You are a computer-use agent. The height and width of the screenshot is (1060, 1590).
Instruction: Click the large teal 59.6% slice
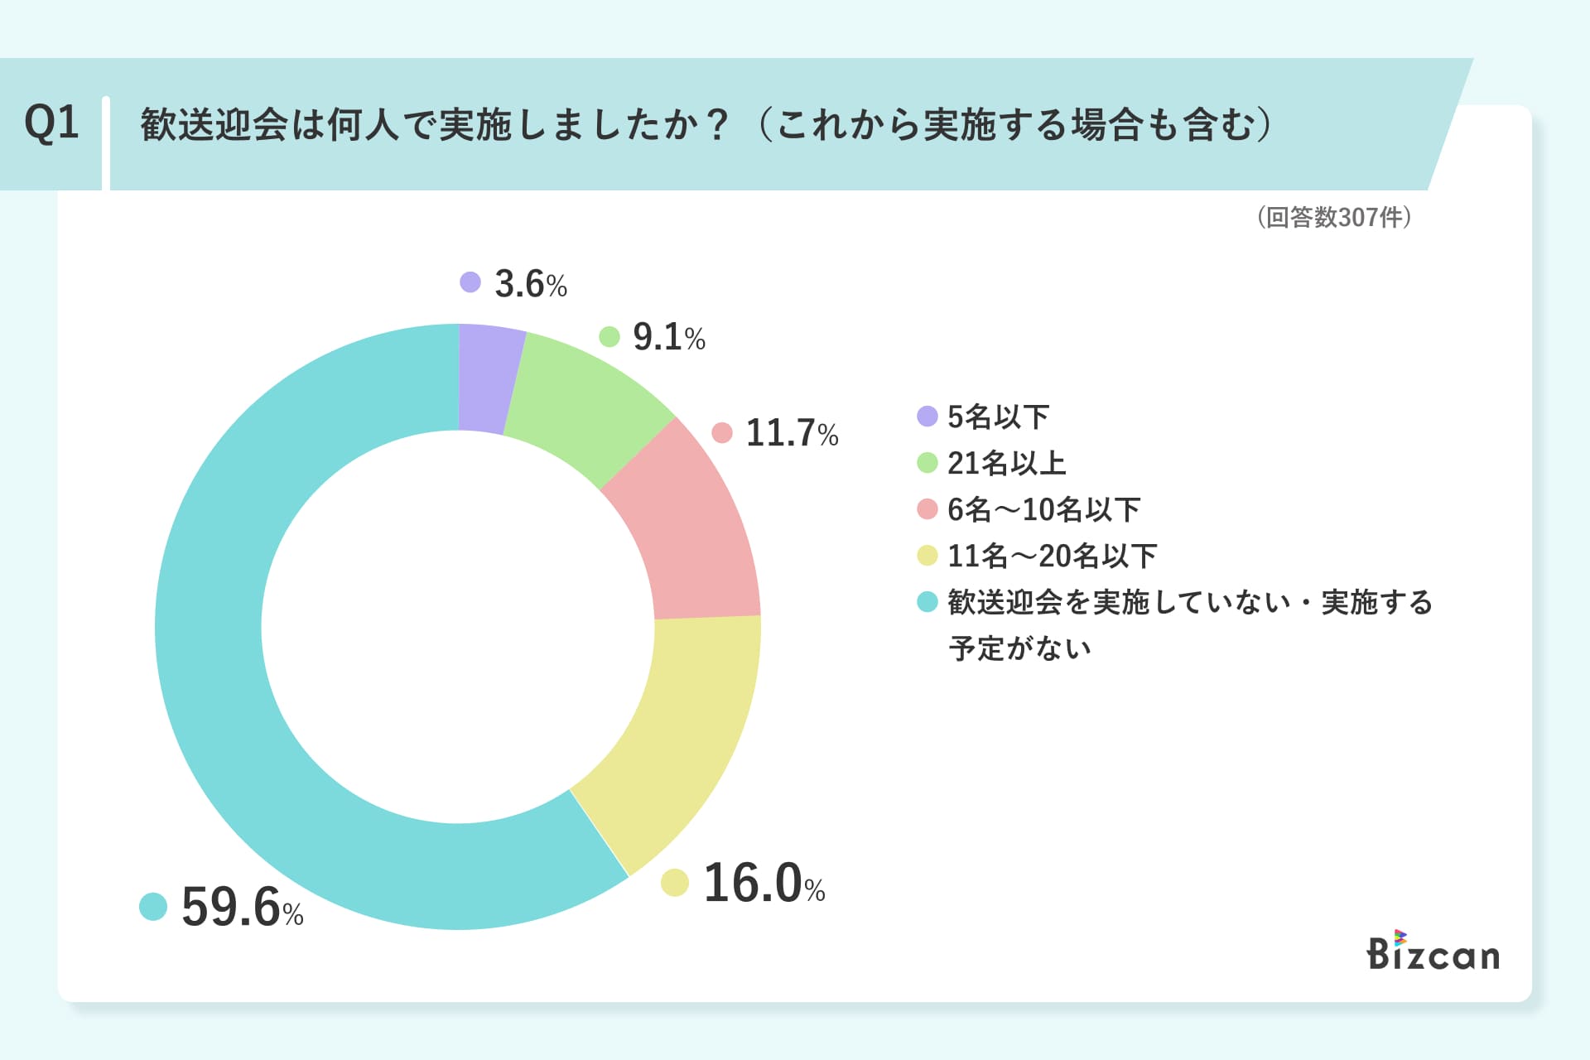248,704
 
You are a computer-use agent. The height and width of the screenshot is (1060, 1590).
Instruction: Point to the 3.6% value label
530,284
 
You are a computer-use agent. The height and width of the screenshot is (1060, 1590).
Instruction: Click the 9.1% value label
668,337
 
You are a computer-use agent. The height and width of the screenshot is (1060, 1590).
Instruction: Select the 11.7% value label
792,433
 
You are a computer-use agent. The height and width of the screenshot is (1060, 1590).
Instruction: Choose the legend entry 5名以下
998,417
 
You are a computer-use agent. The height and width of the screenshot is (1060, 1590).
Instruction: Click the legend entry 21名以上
1006,463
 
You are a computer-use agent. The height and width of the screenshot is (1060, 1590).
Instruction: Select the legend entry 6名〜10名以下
1043,509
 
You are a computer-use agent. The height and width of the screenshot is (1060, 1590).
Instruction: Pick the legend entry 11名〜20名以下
1052,556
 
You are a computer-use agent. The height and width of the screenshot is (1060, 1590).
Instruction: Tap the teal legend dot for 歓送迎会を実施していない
927,602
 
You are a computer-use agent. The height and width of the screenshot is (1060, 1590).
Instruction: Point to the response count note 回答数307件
1334,217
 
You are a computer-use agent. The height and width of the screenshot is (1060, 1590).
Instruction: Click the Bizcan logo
1433,952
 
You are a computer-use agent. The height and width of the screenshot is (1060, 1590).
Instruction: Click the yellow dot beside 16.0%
675,883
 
